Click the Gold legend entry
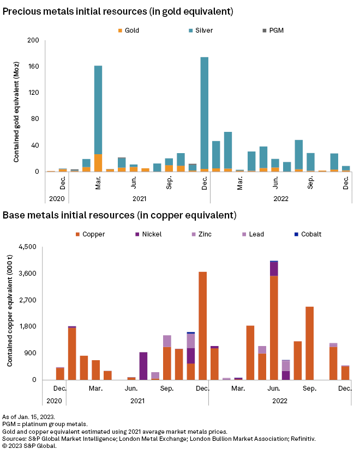(x=128, y=31)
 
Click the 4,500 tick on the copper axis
(x=27, y=247)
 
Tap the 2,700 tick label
(x=27, y=300)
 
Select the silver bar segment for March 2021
(x=98, y=109)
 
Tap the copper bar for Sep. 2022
(x=309, y=343)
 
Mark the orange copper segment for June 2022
(x=274, y=327)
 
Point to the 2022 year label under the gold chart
(x=281, y=199)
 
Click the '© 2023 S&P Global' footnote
(x=29, y=446)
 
